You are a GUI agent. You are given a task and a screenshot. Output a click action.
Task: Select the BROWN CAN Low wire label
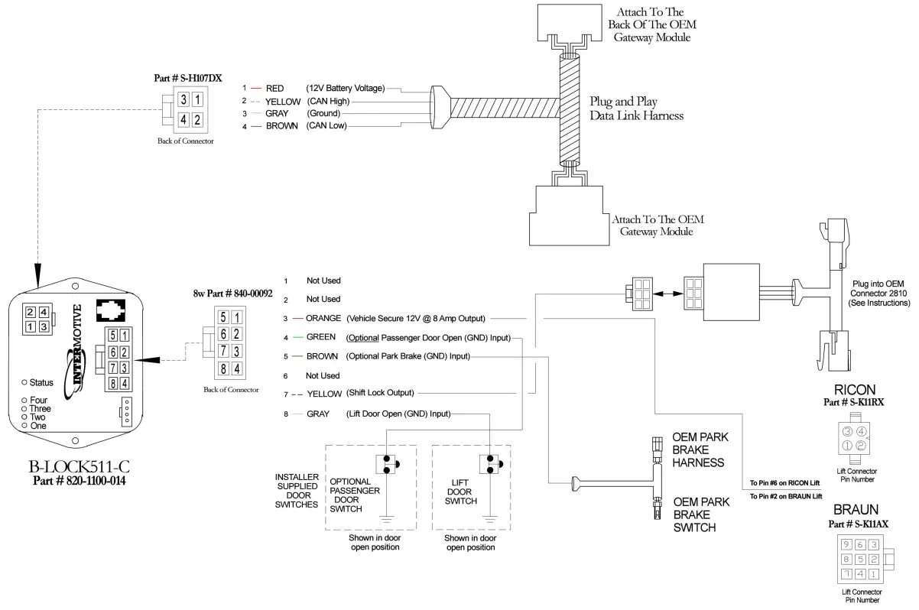283,126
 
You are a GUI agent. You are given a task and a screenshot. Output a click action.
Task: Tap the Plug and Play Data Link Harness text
636,109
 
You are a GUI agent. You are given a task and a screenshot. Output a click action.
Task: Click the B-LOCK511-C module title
79,467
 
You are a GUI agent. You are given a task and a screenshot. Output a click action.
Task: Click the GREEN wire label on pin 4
321,337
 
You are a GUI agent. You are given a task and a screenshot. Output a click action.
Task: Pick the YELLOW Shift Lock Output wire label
324,394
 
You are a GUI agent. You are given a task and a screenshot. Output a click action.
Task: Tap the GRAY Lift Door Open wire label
317,414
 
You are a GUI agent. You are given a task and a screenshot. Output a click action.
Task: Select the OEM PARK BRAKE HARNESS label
697,449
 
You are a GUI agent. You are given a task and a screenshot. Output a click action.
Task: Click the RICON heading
855,390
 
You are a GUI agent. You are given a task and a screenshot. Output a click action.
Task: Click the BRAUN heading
855,510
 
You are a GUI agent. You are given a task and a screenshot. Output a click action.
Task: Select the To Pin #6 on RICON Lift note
785,484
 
